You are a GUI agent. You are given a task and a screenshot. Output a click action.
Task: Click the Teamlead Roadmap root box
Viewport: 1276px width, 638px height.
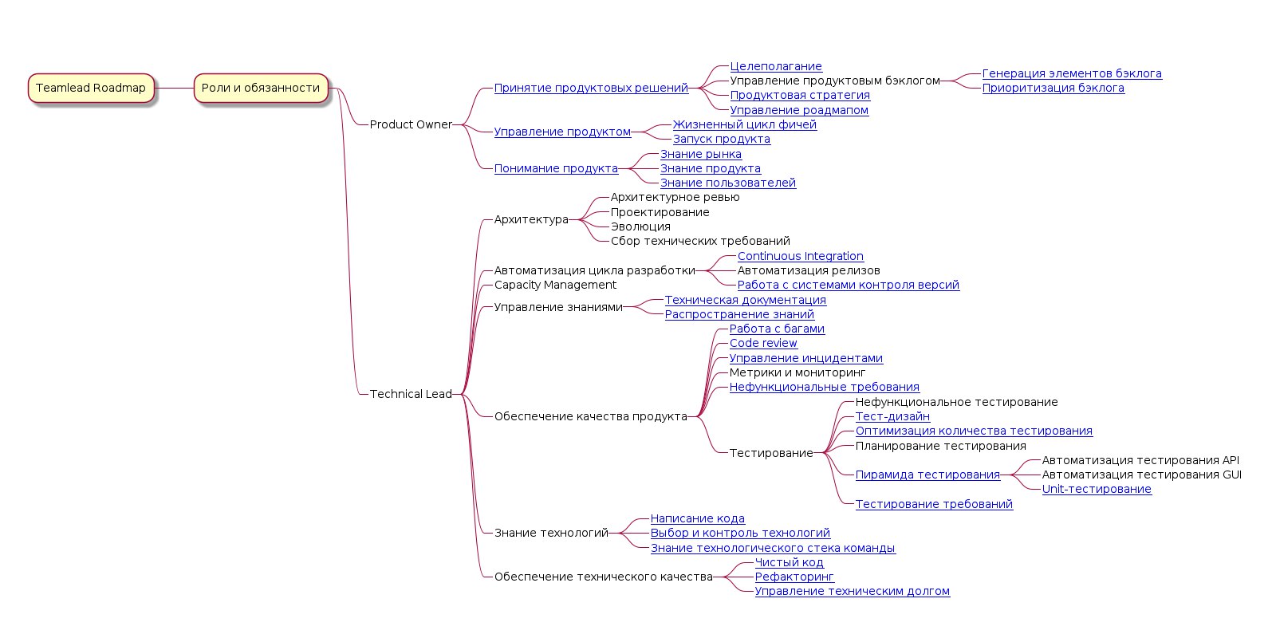(x=91, y=88)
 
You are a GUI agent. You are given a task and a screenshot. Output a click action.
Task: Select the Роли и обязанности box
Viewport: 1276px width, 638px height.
(x=261, y=88)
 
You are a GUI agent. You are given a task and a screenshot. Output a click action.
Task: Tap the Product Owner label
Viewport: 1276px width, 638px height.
(x=411, y=124)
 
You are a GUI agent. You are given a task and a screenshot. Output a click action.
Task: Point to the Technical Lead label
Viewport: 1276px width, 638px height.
(x=411, y=394)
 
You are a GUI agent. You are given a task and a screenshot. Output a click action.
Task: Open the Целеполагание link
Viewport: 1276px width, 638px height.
(x=776, y=67)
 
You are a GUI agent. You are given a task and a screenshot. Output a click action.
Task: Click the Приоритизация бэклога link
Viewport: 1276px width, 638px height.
(x=1053, y=89)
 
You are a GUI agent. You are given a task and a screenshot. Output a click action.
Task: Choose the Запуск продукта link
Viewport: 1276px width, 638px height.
(x=721, y=139)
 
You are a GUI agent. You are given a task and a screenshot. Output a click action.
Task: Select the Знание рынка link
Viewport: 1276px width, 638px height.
(x=701, y=155)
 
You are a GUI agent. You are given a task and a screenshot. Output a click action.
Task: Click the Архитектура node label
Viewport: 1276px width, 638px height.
(x=531, y=219)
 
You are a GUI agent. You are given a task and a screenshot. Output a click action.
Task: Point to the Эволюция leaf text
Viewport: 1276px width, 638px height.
(x=640, y=226)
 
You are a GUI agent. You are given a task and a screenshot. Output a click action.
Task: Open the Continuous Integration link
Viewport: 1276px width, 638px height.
(x=801, y=256)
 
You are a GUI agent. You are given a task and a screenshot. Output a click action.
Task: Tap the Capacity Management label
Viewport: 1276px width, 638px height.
(x=555, y=285)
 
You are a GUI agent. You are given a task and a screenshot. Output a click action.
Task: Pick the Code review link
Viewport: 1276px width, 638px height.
(x=763, y=344)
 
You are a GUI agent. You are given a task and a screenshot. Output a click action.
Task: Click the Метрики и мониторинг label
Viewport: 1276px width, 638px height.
(x=797, y=372)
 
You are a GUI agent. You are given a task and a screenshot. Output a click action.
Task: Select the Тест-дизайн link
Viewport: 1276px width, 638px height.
(x=892, y=416)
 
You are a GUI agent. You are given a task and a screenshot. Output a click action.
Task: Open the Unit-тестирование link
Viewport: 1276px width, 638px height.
(x=1097, y=490)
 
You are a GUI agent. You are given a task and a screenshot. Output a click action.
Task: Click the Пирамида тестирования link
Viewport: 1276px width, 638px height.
(x=927, y=475)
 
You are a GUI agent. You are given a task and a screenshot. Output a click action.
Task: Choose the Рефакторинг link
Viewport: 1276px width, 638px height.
(x=794, y=577)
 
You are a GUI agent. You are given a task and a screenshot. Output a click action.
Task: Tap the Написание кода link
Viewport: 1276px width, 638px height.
(x=697, y=519)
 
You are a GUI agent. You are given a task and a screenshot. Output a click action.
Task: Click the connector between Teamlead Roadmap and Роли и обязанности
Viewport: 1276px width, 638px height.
(x=175, y=88)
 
